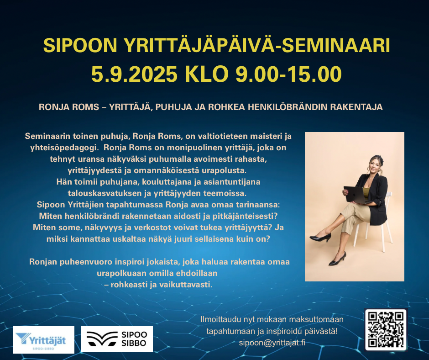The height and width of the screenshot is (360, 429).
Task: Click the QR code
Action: pyautogui.click(x=386, y=329)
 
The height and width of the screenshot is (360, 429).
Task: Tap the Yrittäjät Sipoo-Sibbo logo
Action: pyautogui.click(x=43, y=339)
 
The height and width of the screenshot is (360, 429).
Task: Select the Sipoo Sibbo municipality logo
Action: pyautogui.click(x=117, y=339)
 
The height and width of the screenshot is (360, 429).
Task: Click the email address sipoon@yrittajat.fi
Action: pyautogui.click(x=272, y=343)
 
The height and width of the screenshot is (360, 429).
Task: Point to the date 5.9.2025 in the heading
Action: pyautogui.click(x=134, y=74)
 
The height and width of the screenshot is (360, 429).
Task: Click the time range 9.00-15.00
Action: pyautogui.click(x=288, y=74)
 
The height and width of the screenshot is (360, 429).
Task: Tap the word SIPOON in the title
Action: pyautogui.click(x=80, y=46)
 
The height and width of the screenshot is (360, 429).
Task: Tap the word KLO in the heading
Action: pyautogui.click(x=207, y=74)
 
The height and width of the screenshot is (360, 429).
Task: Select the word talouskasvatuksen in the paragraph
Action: pyautogui.click(x=105, y=193)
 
